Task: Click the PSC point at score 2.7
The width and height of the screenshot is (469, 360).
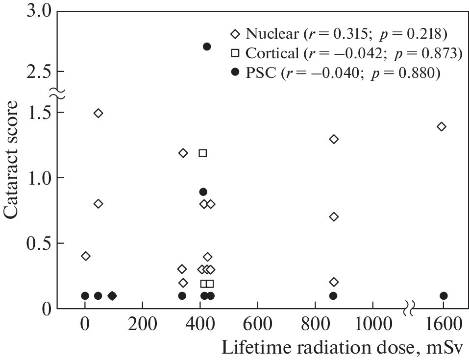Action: click(207, 47)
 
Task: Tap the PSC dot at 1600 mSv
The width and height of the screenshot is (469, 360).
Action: click(444, 296)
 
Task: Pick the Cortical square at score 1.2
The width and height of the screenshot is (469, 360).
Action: click(202, 153)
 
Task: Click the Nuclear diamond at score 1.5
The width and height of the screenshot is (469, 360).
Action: click(98, 113)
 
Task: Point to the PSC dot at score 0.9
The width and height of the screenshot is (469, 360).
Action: click(203, 192)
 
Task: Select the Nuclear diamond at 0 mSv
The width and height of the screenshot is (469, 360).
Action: click(86, 256)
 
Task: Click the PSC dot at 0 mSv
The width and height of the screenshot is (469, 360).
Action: click(85, 296)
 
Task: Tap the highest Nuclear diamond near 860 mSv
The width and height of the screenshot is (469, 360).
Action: click(334, 139)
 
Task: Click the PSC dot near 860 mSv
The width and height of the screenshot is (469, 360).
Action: click(333, 296)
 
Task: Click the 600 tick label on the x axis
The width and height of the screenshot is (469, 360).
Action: click(257, 324)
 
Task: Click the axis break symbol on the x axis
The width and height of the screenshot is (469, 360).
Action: click(410, 309)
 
